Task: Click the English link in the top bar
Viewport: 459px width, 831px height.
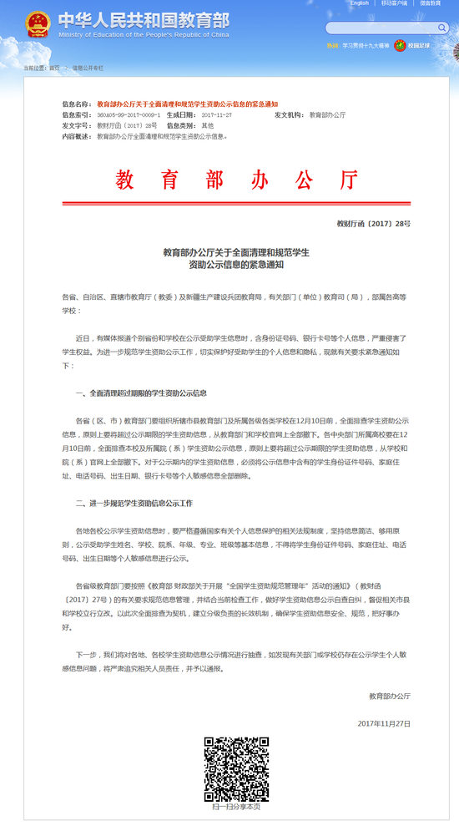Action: point(359,3)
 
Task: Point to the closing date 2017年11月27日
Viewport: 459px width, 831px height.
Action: point(384,722)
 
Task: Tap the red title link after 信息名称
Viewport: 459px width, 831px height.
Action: point(188,103)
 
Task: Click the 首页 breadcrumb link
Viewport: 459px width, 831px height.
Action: point(54,67)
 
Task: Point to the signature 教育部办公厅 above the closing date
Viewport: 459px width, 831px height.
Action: point(390,696)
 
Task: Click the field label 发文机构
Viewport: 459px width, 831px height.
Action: point(289,114)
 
